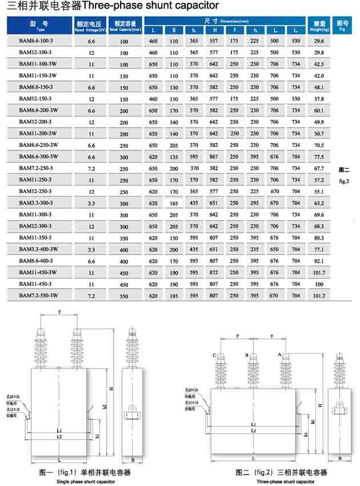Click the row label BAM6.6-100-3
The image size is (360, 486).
(36, 41)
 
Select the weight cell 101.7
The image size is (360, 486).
(319, 272)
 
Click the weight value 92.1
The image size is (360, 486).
(319, 261)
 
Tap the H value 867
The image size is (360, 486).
(214, 157)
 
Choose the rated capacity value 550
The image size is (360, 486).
(124, 296)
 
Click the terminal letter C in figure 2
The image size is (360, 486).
(214, 356)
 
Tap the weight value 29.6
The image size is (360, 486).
(319, 42)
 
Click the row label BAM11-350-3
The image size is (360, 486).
(35, 237)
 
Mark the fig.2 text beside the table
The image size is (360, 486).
(343, 181)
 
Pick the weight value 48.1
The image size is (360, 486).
(319, 87)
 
